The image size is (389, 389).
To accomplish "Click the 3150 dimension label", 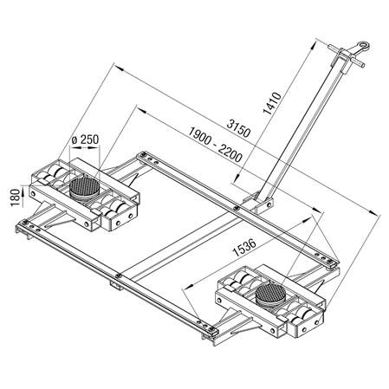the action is click(238, 128).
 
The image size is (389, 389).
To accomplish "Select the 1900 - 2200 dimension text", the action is click(216, 145).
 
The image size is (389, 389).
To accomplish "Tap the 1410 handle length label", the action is click(272, 103).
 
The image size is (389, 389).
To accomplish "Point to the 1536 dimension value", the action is click(244, 248).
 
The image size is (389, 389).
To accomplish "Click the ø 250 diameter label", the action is click(85, 139).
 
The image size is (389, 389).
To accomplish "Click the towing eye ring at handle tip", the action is click(363, 47).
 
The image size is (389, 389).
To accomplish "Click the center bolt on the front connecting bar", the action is click(118, 276).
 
